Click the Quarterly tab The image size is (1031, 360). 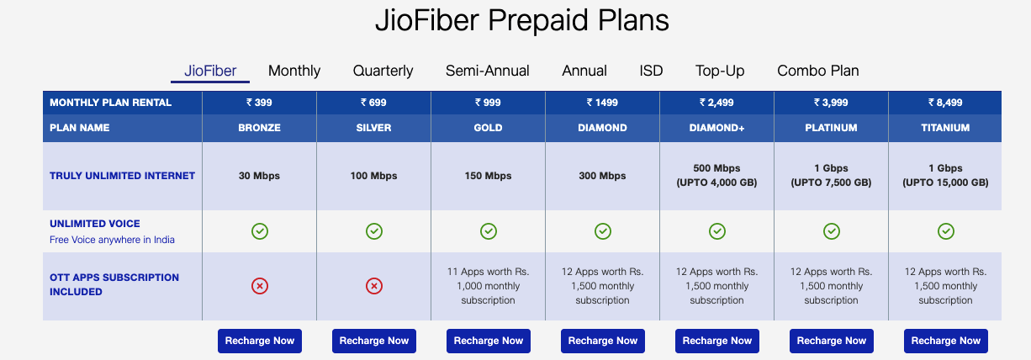click(383, 71)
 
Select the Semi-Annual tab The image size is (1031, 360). click(488, 71)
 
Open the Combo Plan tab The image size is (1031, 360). click(818, 71)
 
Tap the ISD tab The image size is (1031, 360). click(651, 71)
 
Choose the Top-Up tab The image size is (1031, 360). click(720, 71)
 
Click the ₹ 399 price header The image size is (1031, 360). click(259, 103)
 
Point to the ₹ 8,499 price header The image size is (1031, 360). click(945, 103)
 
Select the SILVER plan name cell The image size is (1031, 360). click(373, 128)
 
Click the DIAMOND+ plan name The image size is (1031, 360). click(716, 128)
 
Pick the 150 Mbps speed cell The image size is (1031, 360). click(488, 176)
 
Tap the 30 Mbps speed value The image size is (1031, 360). click(259, 176)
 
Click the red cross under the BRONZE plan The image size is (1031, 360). click(260, 286)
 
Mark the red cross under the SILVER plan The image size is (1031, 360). click(374, 286)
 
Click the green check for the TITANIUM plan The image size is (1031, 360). click(946, 231)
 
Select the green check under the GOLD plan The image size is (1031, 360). click(489, 231)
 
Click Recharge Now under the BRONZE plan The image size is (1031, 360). click(260, 341)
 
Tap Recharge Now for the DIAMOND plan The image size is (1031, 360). click(602, 341)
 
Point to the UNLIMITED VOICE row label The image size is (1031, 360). click(95, 224)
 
